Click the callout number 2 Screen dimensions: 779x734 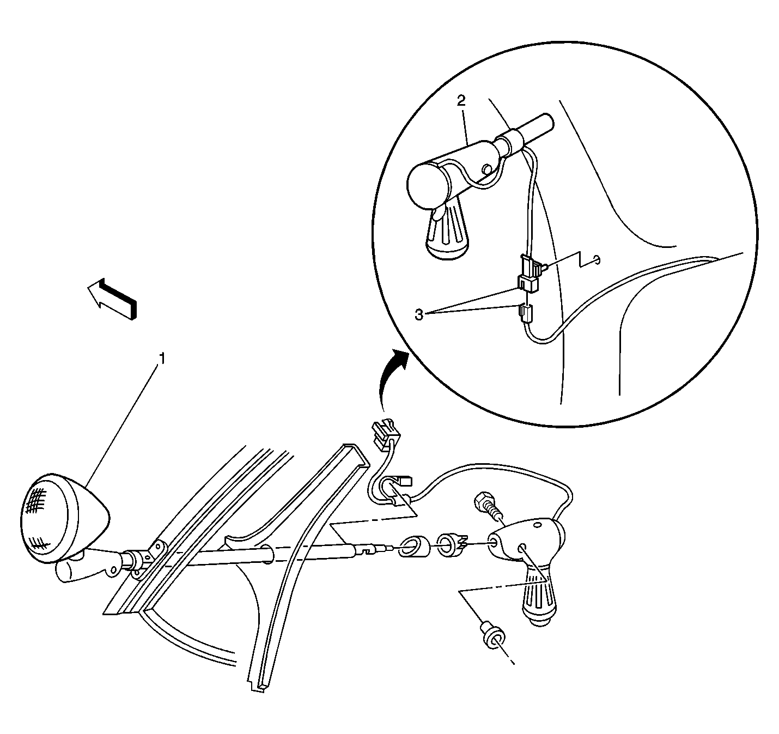461,101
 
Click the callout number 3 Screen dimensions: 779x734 419,315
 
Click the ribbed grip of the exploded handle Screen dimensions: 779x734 539,601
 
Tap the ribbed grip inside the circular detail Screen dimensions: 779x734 448,232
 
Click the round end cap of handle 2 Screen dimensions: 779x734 428,185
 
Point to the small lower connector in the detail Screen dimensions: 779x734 526,312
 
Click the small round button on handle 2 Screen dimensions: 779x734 487,169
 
